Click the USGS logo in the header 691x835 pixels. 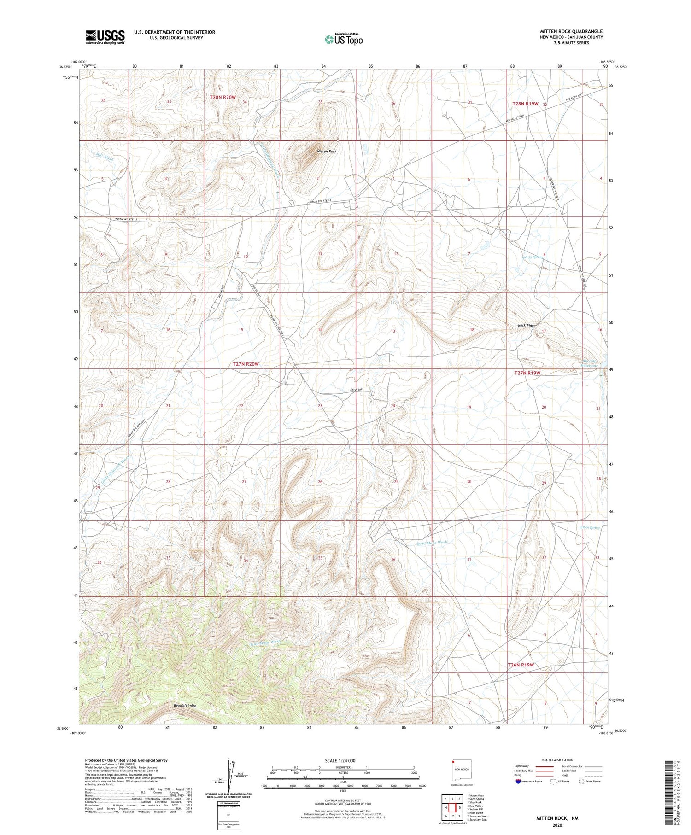pos(105,37)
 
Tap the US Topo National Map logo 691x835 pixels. pos(343,40)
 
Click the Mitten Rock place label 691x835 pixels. pos(326,151)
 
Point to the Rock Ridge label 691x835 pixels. pos(527,326)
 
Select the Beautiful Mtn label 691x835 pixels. pos(185,705)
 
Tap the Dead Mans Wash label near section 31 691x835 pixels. pos(432,543)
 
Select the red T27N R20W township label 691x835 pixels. pos(246,364)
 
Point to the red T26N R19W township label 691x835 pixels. pos(521,665)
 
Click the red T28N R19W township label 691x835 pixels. pos(525,104)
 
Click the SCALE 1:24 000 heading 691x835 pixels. pos(340,760)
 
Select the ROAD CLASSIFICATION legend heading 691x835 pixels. pos(557,760)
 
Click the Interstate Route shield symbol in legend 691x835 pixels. pos(518,782)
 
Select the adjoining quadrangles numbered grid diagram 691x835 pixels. pos(452,808)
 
